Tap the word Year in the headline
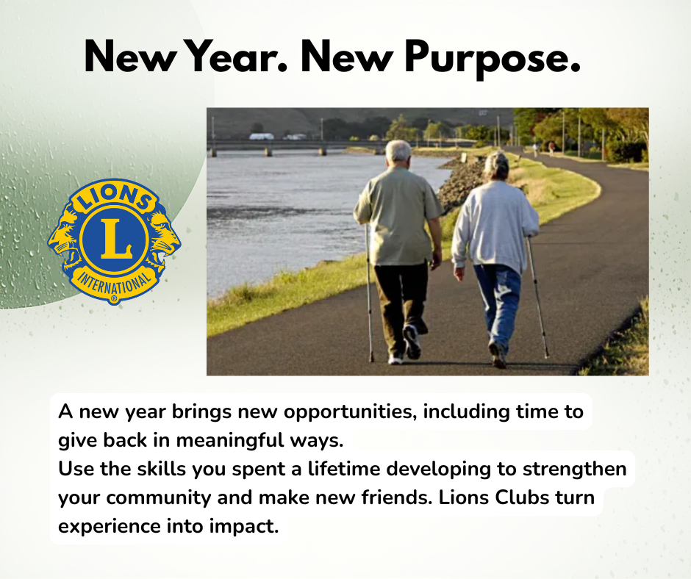[231, 56]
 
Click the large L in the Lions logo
[115, 237]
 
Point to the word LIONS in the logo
[113, 199]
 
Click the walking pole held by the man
[368, 294]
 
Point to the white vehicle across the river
[261, 136]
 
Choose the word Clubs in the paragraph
[528, 497]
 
